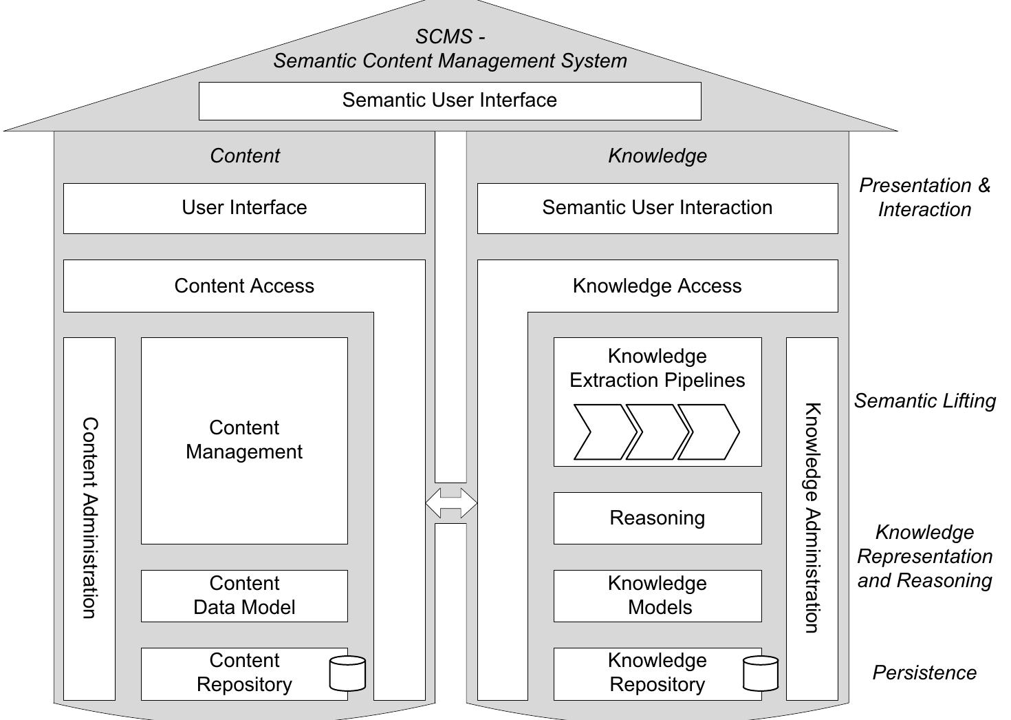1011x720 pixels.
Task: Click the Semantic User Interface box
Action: [450, 101]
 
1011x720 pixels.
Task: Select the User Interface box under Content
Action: [244, 208]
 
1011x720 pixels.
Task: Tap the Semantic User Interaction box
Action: [657, 208]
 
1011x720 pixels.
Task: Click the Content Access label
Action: [244, 286]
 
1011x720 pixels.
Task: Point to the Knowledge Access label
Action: [657, 286]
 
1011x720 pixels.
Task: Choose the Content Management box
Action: [244, 441]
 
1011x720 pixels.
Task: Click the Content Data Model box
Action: [244, 595]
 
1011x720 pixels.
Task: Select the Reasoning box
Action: [657, 518]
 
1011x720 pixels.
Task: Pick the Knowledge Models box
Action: [657, 595]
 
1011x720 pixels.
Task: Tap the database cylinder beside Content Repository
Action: [347, 673]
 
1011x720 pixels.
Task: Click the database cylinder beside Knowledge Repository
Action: [761, 673]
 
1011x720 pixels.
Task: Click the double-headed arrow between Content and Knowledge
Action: [451, 502]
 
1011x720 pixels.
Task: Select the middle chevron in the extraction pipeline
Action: [656, 432]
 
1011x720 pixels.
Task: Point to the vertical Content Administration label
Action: [89, 518]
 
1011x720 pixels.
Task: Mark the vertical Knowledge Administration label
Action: [812, 518]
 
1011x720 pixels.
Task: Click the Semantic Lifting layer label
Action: [924, 401]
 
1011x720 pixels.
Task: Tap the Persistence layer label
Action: [924, 673]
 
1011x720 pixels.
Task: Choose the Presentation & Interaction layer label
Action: [924, 197]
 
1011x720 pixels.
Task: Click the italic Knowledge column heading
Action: [657, 156]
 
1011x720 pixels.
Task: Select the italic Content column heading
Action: [244, 156]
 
